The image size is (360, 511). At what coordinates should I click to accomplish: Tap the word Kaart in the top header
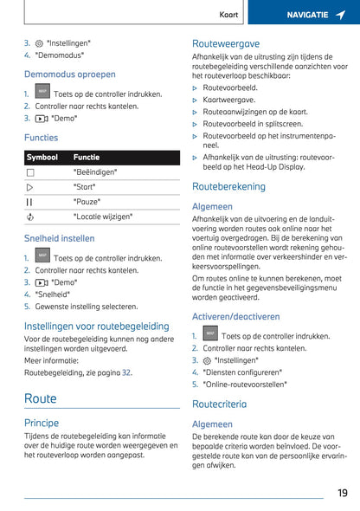click(228, 15)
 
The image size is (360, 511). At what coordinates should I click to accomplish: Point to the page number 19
click(343, 493)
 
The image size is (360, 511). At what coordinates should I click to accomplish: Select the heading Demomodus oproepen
click(69, 74)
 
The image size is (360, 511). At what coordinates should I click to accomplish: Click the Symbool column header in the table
click(42, 158)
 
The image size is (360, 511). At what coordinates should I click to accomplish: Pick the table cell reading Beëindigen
click(95, 172)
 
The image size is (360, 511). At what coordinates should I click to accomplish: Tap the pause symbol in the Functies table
click(30, 202)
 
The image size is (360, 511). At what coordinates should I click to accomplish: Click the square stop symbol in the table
click(30, 172)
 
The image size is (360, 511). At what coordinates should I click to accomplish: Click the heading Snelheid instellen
click(60, 238)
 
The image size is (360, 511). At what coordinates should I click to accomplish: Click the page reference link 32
click(126, 372)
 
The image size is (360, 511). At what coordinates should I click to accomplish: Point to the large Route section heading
click(41, 398)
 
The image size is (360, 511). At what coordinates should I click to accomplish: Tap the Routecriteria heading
click(219, 404)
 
